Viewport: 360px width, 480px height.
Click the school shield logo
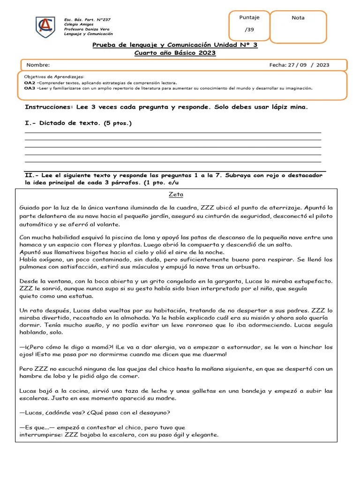click(45, 27)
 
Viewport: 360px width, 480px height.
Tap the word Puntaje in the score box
click(249, 18)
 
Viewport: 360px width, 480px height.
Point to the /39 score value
click(249, 30)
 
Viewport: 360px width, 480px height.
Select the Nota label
click(298, 18)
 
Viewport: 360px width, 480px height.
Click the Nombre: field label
click(38, 65)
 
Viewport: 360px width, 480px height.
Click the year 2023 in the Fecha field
click(322, 65)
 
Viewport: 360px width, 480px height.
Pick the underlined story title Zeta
click(176, 195)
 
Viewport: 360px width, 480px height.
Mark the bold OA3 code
click(29, 88)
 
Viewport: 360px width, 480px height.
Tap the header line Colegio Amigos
click(79, 24)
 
